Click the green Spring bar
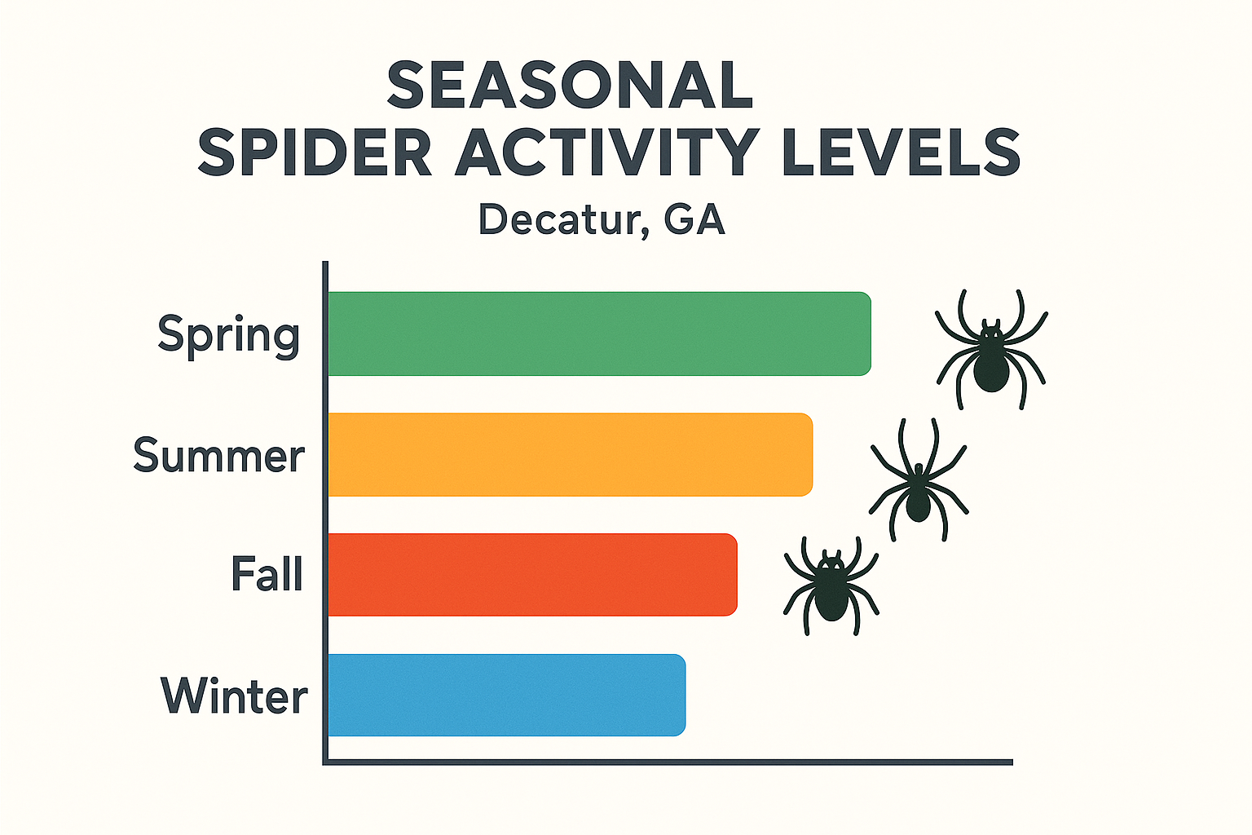point(599,334)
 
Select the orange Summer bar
point(571,454)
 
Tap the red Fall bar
point(532,574)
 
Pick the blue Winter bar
point(506,695)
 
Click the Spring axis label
point(229,335)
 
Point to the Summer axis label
point(218,455)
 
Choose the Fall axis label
point(267,573)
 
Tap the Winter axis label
point(234,696)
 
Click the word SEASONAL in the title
point(570,86)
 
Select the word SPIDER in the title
point(315,152)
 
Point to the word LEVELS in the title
point(901,152)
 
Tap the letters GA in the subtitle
point(694,220)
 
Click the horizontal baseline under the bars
point(668,762)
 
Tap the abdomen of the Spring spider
point(991,369)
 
